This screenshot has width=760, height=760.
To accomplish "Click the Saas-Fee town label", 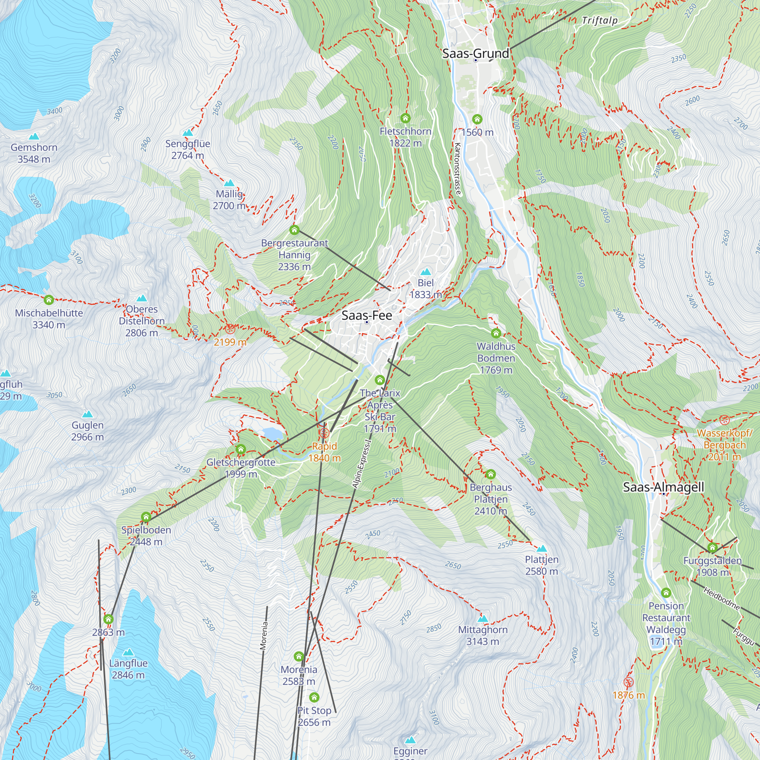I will (367, 315).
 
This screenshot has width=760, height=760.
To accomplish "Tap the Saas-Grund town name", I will (475, 54).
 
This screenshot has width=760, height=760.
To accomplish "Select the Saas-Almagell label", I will (663, 487).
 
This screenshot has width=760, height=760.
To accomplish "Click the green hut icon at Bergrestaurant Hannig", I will (294, 230).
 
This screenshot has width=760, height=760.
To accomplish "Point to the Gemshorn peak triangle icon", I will (34, 136).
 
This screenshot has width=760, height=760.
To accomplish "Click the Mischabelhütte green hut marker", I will (49, 300).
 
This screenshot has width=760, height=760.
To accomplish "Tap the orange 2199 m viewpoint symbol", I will (230, 328).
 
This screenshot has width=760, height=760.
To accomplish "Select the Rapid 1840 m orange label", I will (324, 452).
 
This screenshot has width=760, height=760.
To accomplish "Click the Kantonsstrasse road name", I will (457, 169).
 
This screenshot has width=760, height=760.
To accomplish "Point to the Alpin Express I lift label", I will (362, 464).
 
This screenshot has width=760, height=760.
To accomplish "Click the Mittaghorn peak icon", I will (483, 619).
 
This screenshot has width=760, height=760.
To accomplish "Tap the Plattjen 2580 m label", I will (541, 565).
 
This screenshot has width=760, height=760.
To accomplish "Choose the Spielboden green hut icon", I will (146, 516).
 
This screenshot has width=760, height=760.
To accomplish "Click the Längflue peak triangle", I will (128, 652).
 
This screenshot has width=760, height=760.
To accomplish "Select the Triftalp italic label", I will (600, 21).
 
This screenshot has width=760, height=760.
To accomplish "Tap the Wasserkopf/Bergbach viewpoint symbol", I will (724, 420).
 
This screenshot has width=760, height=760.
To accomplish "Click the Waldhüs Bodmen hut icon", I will (496, 333).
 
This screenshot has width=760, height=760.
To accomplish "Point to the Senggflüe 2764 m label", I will (188, 149).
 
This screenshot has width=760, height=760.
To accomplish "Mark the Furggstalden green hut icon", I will (712, 547).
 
